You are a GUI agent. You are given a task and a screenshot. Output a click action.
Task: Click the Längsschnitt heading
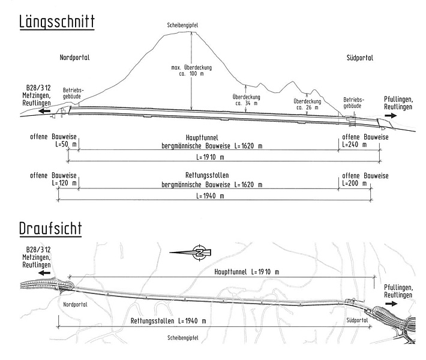point(57,22)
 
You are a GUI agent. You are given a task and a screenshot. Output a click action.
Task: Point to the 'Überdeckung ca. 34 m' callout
point(247,100)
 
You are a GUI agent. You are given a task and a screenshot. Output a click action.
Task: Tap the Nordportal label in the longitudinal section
point(75,58)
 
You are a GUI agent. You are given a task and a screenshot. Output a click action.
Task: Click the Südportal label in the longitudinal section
point(359,58)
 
